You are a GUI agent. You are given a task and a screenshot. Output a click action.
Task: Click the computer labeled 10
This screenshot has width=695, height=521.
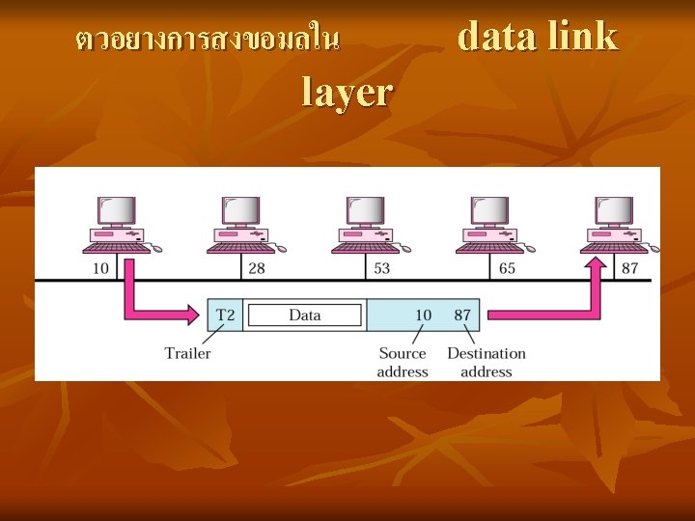coord(118,225)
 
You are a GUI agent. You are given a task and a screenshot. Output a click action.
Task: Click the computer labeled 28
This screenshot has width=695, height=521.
coord(241,225)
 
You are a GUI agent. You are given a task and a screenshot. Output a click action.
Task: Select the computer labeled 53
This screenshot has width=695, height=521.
coord(366,225)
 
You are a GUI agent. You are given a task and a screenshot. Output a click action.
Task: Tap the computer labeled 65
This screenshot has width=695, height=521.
coord(489,225)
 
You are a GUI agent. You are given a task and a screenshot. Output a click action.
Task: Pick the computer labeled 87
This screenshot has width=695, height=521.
coord(614,225)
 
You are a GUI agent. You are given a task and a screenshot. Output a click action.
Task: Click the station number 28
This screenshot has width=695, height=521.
coord(256,268)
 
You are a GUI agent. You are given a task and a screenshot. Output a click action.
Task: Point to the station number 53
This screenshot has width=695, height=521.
coord(381,268)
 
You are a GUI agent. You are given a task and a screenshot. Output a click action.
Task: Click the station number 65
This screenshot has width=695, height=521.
coord(507,268)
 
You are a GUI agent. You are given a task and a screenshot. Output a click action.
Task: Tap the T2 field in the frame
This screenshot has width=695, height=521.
coord(225,315)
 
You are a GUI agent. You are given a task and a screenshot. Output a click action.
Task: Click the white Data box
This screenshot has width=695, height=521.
coord(304,315)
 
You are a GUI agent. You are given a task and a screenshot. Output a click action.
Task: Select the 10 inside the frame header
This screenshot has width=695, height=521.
coord(423,315)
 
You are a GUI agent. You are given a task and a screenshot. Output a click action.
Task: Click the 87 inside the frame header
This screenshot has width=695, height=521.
coord(462,315)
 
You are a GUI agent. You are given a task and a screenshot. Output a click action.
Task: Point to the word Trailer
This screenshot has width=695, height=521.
coord(187,352)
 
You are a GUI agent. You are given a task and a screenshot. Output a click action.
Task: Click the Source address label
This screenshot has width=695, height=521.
coord(403,362)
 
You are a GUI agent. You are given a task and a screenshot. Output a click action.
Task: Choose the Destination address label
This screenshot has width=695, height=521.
coord(486,362)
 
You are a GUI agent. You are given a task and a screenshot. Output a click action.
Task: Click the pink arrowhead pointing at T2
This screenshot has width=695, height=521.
coord(193,315)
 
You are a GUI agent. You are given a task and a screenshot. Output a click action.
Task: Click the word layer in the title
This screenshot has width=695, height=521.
coord(347,92)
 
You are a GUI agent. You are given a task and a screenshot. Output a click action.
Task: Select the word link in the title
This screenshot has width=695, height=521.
coord(582,37)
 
